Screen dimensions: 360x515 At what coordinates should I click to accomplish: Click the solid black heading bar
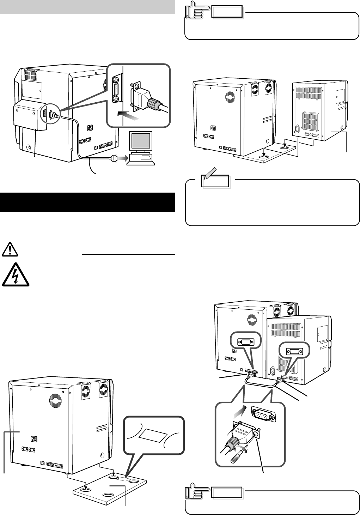click(x=87, y=202)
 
